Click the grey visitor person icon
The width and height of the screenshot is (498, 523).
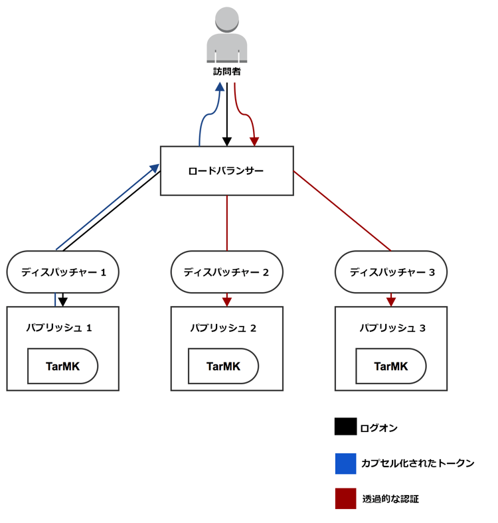point(227,36)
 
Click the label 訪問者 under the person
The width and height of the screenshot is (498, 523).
point(227,72)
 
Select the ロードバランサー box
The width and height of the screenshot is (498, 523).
point(226,171)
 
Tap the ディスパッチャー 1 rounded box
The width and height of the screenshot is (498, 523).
point(62,271)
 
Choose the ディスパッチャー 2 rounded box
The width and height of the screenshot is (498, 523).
point(226,271)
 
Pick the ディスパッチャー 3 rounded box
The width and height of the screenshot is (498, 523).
point(390,271)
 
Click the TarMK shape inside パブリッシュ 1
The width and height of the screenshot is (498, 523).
point(62,366)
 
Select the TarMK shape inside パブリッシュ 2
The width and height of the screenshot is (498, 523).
point(223,366)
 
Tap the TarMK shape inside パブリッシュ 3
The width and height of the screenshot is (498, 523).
point(391,366)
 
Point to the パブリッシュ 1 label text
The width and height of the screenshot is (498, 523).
point(58,328)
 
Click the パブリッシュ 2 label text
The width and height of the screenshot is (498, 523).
point(223,328)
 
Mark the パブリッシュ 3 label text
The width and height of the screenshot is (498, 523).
point(392,328)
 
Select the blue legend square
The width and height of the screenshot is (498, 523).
point(345,463)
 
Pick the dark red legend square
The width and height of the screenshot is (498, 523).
point(345,498)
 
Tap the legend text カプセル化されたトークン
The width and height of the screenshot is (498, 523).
point(418,463)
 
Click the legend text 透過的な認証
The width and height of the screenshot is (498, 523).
point(390,498)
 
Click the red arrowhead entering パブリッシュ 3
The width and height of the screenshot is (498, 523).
point(390,301)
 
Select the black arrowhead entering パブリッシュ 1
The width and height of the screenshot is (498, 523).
point(62,301)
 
